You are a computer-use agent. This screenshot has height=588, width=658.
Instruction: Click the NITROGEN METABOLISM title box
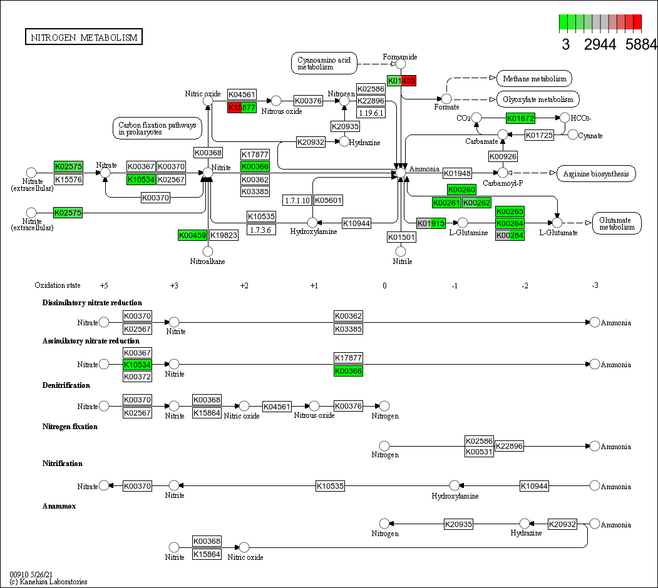84,38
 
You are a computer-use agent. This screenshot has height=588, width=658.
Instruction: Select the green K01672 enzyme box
520,118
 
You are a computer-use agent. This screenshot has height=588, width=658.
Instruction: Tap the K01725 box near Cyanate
539,135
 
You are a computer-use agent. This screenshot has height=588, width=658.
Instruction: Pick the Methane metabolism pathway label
534,79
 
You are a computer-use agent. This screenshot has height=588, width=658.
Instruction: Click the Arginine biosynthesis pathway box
596,173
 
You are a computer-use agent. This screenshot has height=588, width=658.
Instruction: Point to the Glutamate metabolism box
617,223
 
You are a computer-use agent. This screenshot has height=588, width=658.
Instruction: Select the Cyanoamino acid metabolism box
324,63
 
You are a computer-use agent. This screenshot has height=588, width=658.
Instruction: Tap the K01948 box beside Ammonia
457,173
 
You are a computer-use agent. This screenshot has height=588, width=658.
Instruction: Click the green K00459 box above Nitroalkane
192,235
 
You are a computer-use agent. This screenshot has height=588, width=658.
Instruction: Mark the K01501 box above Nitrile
401,237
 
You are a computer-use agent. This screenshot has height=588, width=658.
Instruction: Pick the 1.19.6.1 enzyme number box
371,113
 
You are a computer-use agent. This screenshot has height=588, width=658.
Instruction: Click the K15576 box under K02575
69,180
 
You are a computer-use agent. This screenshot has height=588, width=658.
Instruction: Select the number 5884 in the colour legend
641,44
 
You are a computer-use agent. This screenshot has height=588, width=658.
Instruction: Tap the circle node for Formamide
401,64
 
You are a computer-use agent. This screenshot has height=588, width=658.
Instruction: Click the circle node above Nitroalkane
208,251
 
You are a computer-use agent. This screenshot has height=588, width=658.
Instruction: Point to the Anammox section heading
59,506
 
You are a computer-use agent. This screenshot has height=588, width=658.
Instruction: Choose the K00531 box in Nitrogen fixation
479,452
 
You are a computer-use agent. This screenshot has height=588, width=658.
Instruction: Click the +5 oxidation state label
104,285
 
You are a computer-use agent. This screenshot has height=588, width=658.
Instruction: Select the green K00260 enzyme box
461,190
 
